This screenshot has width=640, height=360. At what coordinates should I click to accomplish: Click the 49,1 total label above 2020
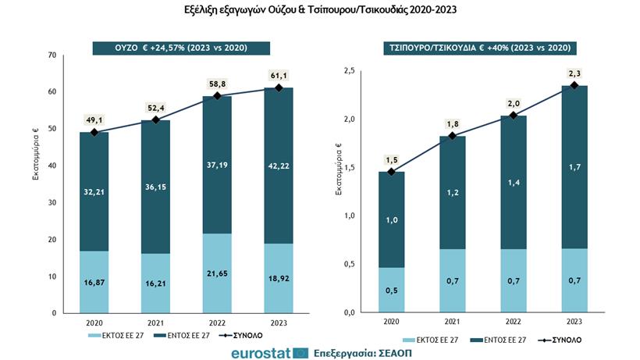click(x=94, y=120)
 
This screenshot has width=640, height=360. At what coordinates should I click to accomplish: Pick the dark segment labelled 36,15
click(x=156, y=187)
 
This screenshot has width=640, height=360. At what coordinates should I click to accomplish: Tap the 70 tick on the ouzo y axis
click(x=52, y=55)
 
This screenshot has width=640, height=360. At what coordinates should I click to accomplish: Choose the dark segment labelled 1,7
click(x=574, y=167)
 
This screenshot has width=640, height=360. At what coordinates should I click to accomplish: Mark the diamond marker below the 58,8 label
click(x=218, y=96)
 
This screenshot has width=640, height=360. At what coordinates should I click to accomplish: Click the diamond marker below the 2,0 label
click(x=513, y=116)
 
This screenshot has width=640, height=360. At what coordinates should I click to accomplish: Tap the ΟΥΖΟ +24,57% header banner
click(x=181, y=48)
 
